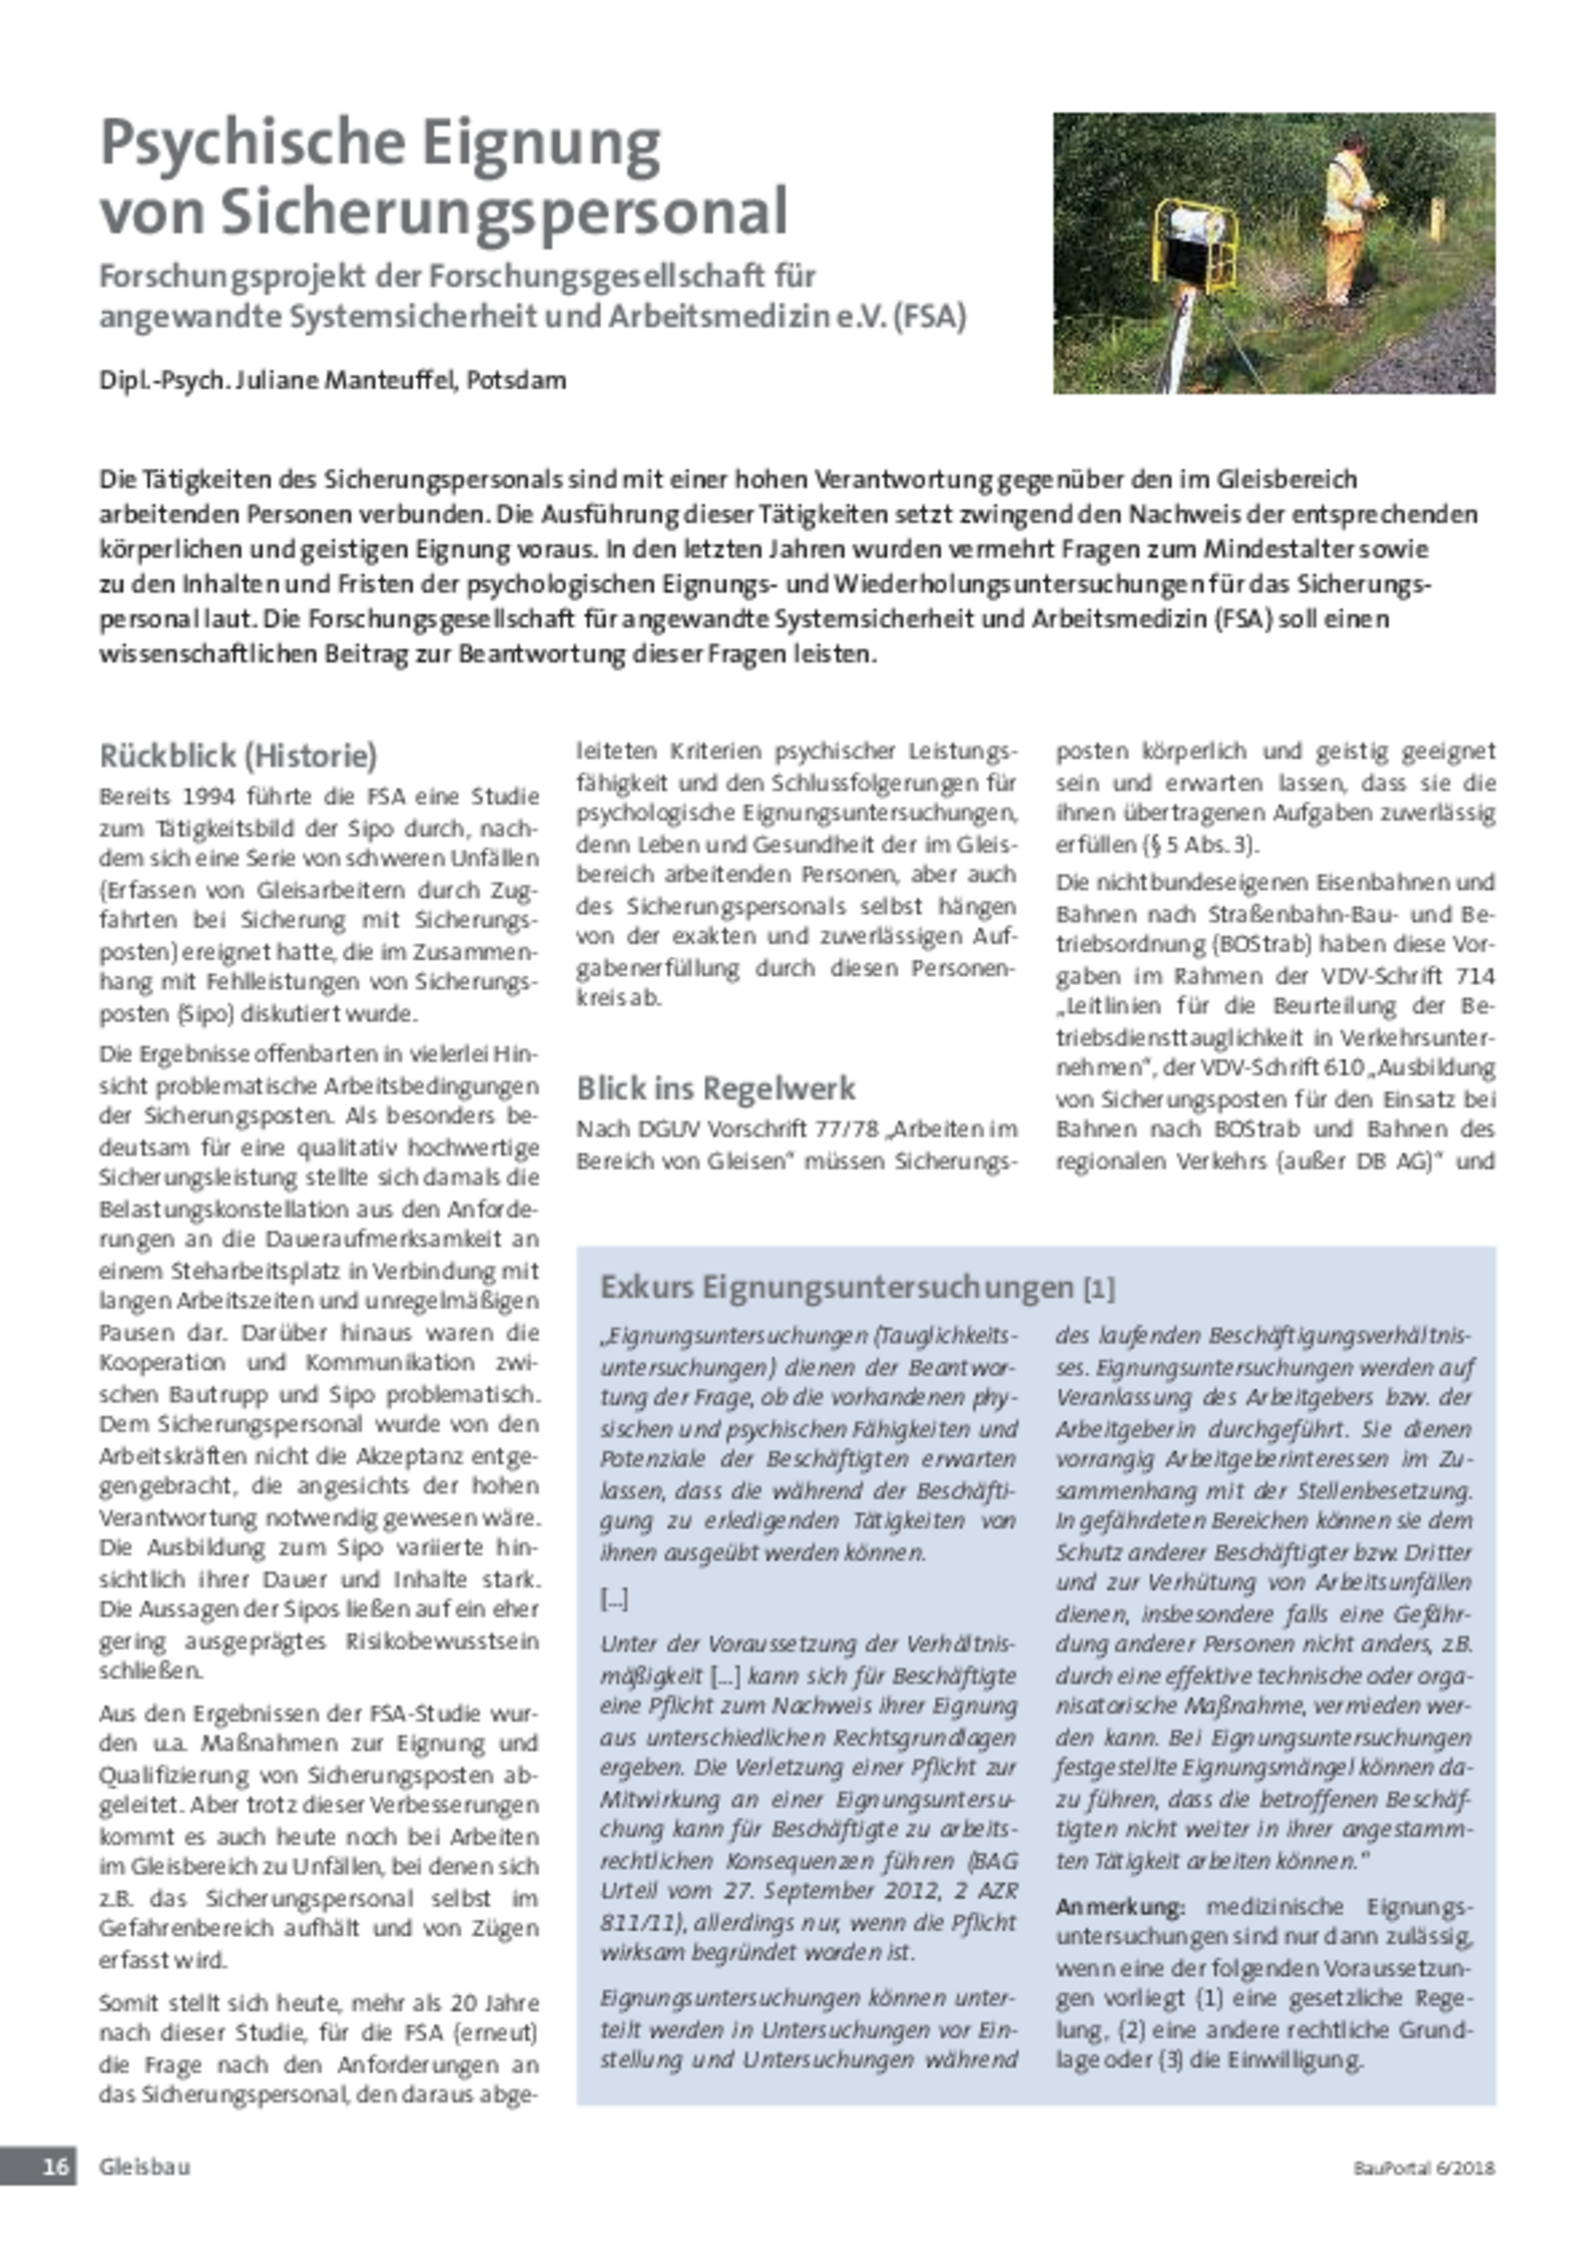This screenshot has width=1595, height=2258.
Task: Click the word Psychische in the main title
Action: tap(248, 146)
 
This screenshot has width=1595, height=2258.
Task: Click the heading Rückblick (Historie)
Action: tap(238, 757)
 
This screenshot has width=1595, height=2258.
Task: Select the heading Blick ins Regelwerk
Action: tap(716, 1088)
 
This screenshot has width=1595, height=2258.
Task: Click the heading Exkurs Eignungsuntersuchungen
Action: tap(836, 1287)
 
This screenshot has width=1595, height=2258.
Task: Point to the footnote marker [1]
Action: tap(1099, 1289)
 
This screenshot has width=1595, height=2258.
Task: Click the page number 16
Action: tap(55, 2165)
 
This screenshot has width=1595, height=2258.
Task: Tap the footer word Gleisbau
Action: tap(144, 2165)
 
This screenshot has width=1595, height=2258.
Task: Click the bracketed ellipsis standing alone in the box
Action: tap(614, 1599)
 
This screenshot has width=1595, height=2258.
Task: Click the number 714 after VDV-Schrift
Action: tap(1473, 975)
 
